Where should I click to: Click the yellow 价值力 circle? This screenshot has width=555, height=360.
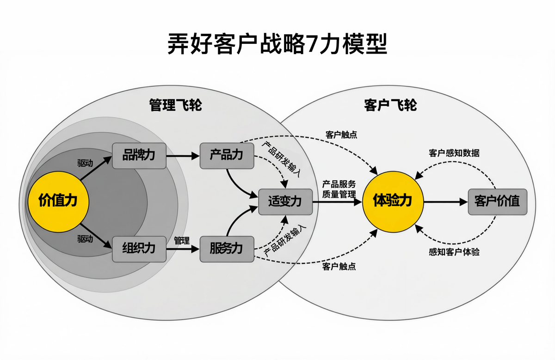pos(58,201)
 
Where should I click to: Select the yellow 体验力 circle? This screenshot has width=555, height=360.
pos(392,201)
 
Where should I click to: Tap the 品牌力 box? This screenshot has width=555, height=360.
pos(139,156)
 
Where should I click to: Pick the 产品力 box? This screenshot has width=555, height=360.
pos(227,156)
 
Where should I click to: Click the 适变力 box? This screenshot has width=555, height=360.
pos(285,201)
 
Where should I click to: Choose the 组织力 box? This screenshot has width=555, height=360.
pos(139,249)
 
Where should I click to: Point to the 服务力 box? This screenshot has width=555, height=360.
pos(227,249)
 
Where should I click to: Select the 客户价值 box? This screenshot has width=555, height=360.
pos(497,201)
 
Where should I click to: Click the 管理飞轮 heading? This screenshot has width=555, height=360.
pos(175,105)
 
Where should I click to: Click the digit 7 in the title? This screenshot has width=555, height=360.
pos(313,44)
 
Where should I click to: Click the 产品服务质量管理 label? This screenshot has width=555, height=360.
pos(339,189)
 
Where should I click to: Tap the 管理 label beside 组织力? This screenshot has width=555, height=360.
pos(182,240)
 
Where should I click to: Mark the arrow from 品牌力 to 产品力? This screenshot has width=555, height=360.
pos(182,156)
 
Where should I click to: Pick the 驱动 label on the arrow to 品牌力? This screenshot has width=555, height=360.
pos(85,163)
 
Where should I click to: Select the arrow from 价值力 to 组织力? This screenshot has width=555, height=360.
pos(97,236)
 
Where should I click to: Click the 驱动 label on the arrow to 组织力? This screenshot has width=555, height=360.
pos(85,239)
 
